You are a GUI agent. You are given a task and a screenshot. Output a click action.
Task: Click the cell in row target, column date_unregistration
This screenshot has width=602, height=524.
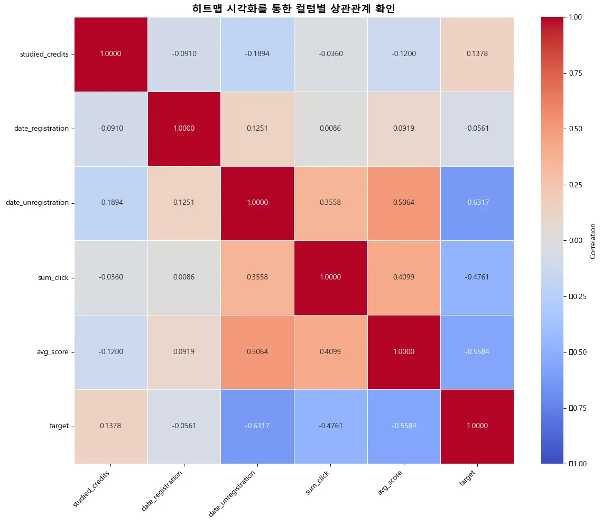click(x=257, y=426)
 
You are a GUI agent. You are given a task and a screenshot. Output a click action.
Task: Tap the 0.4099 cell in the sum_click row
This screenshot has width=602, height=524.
click(x=403, y=277)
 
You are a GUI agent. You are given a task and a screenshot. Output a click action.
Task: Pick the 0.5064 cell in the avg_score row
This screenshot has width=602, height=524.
click(x=257, y=352)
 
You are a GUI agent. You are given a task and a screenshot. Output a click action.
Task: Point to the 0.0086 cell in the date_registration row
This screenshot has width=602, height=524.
click(x=330, y=129)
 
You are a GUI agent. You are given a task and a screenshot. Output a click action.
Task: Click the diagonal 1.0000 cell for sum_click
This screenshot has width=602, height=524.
click(x=330, y=277)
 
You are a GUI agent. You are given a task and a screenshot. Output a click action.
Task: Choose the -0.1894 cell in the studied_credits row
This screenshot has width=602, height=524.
click(x=257, y=54)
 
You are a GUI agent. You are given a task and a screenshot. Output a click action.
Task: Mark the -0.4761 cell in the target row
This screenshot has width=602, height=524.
click(x=330, y=426)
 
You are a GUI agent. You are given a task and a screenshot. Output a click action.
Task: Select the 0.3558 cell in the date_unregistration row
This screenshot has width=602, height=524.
click(x=330, y=203)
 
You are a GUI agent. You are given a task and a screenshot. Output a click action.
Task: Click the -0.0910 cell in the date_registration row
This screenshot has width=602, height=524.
click(x=111, y=129)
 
